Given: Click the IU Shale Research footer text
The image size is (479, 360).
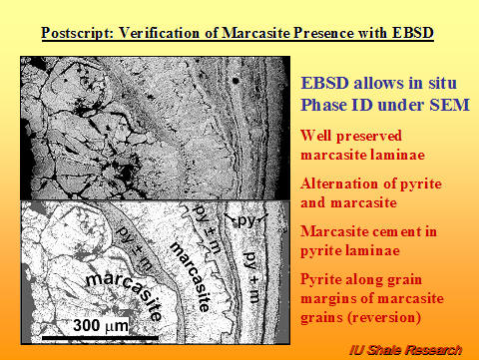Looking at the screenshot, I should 405,349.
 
